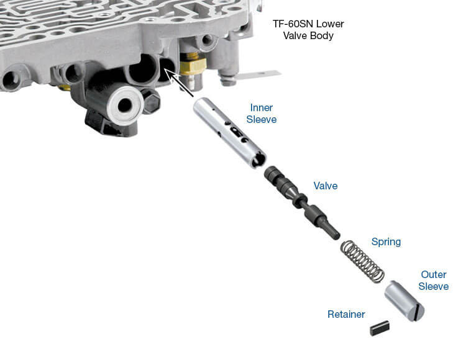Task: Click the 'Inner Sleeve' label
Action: click(x=261, y=114)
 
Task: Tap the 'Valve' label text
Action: click(x=326, y=186)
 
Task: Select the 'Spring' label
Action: click(x=386, y=242)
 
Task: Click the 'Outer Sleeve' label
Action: click(x=434, y=281)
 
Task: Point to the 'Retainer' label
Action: click(x=346, y=314)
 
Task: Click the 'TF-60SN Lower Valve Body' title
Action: click(x=308, y=30)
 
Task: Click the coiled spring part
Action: click(x=362, y=261)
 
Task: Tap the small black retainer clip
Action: click(x=380, y=328)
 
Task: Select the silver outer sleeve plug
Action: click(x=404, y=300)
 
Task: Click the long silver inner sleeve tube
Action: click(x=229, y=133)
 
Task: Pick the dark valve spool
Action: click(x=302, y=203)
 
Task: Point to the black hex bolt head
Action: click(x=151, y=102)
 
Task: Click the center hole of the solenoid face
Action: click(x=125, y=105)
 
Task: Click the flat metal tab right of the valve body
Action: click(x=258, y=74)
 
